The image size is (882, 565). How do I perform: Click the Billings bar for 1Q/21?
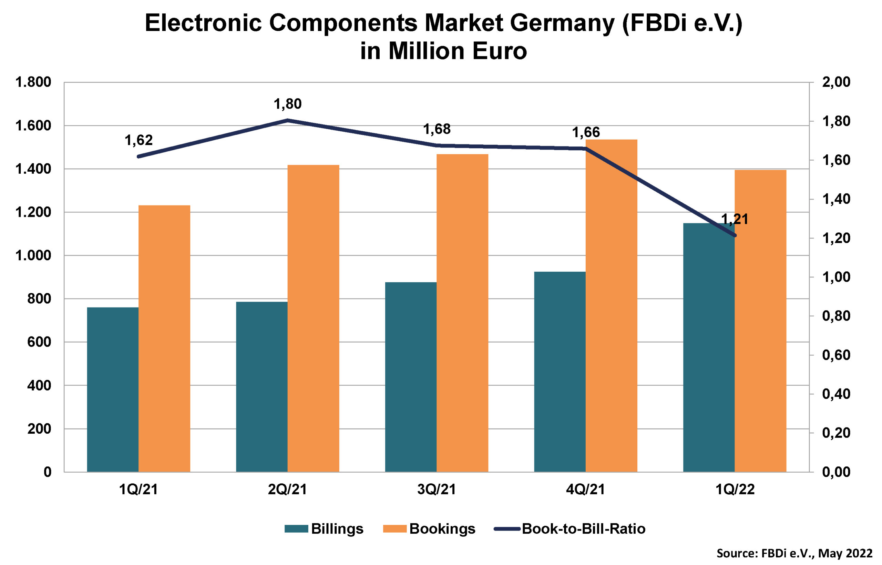pos(113,389)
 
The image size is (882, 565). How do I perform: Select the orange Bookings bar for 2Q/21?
pos(313,318)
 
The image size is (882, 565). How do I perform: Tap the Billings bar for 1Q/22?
pos(708,347)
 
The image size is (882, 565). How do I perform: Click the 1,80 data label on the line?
pos(287,104)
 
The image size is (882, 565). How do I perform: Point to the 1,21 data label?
pos(734,219)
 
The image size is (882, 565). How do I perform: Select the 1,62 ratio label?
pos(138,140)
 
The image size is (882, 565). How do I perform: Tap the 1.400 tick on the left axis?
pos(33,169)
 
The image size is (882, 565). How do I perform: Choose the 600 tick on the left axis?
pos(39,342)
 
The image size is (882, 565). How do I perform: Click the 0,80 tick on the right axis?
pos(836,316)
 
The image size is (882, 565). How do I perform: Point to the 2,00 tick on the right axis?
pos(836,82)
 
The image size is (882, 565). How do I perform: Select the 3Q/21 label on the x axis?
pos(436,490)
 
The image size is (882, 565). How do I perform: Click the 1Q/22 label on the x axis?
pos(735,490)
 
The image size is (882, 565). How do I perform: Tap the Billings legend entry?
pos(324,529)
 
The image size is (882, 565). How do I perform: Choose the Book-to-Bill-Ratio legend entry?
pos(571,529)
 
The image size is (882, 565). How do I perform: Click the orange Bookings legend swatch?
pos(394,529)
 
